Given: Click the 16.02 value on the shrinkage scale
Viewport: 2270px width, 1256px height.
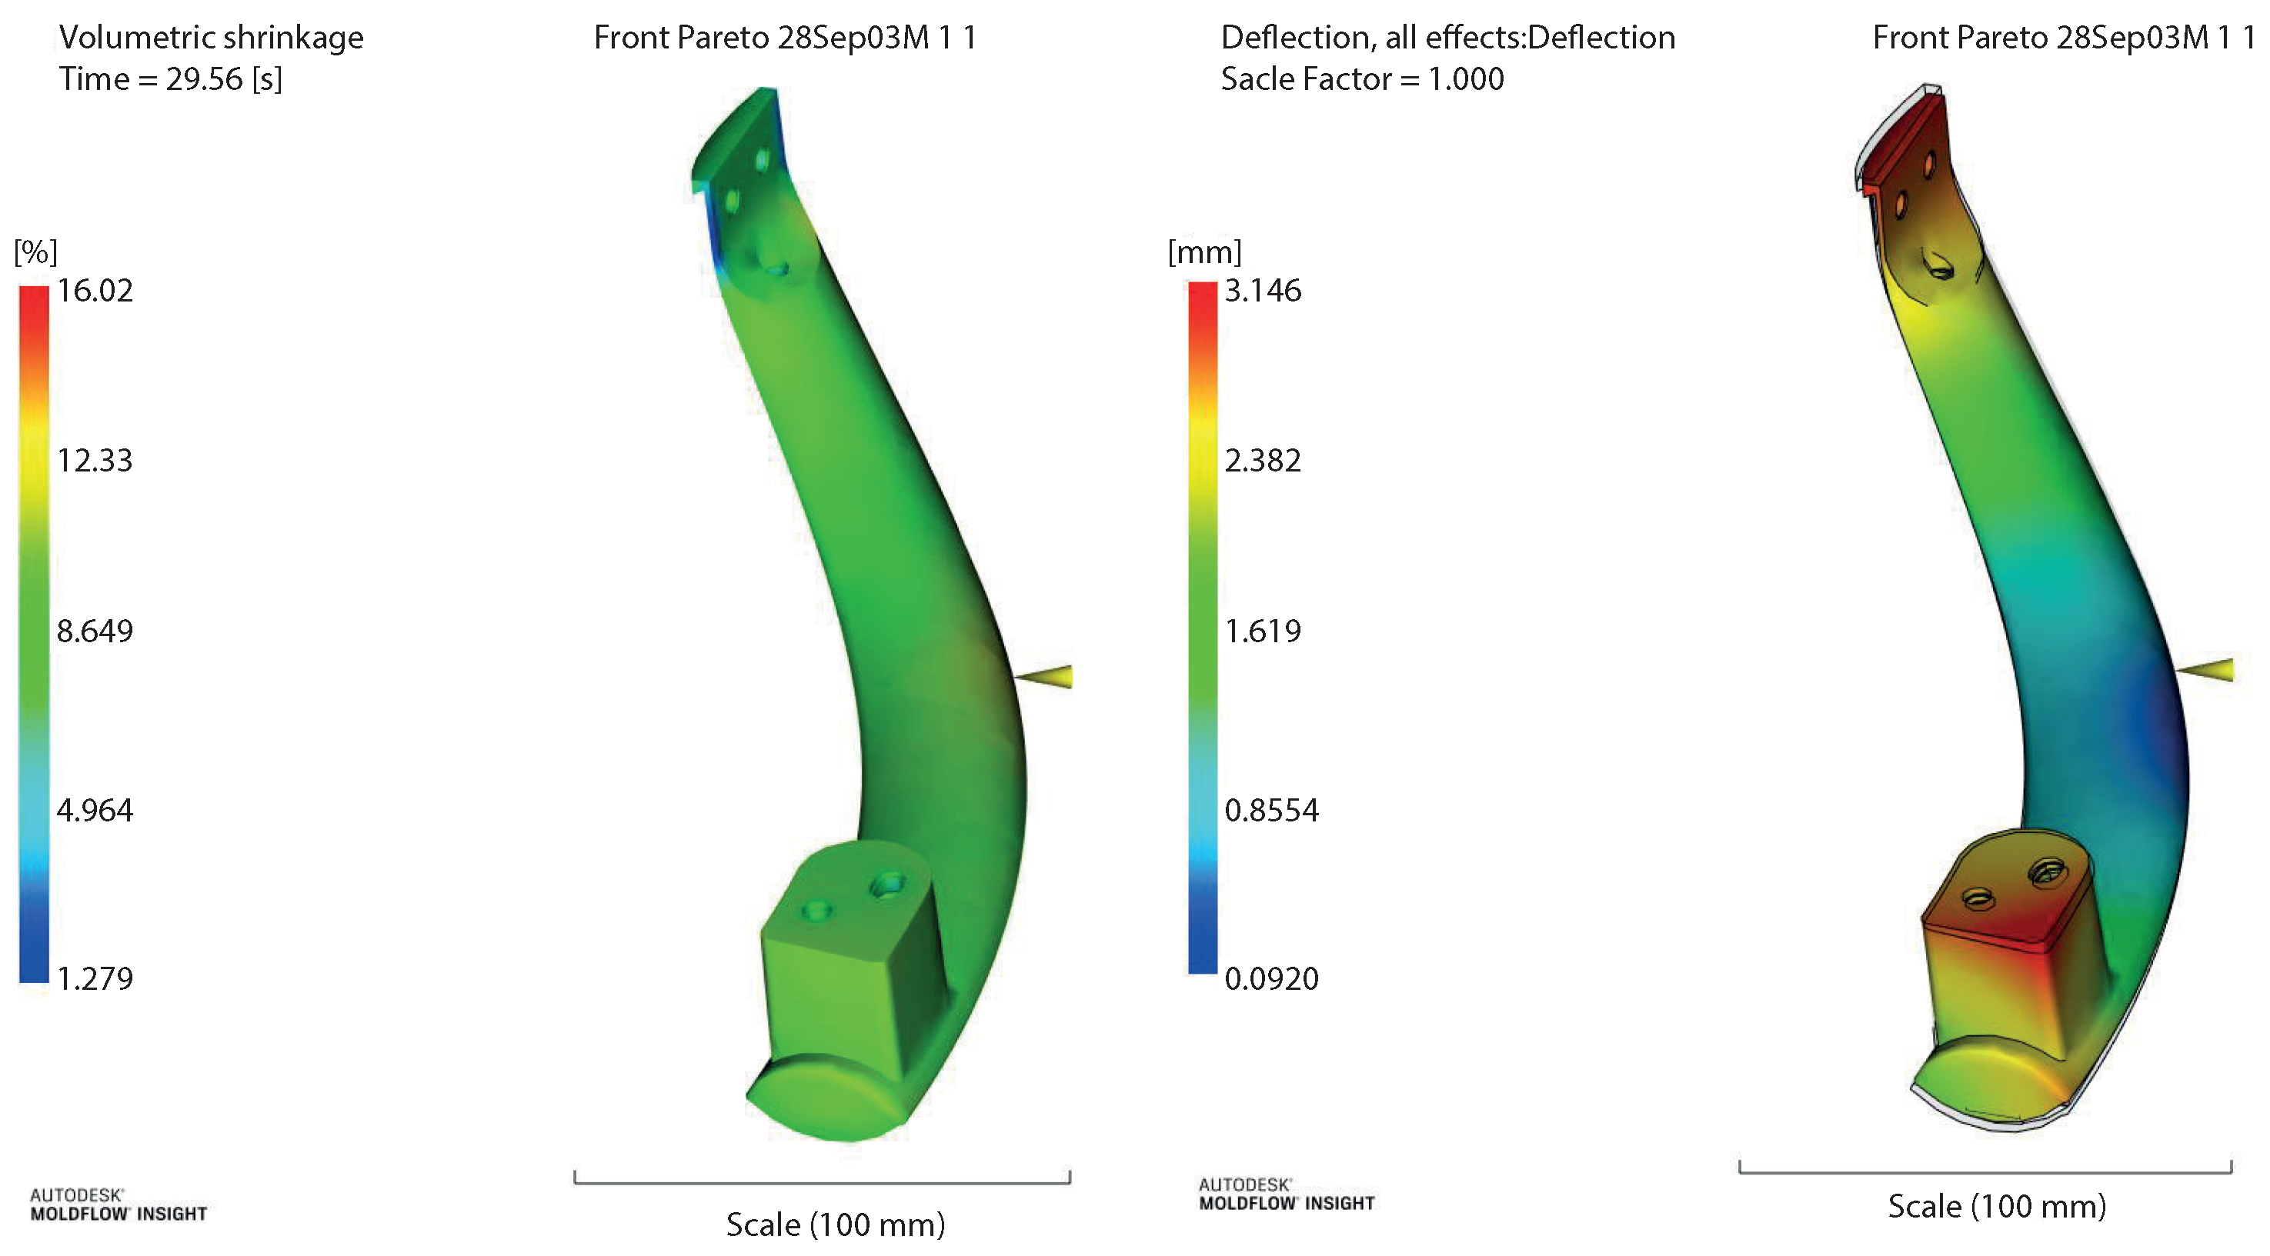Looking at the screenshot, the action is pos(95,291).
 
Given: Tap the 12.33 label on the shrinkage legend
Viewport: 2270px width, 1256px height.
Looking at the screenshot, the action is pos(95,461).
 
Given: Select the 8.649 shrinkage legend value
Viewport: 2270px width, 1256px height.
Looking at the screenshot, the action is pos(95,631).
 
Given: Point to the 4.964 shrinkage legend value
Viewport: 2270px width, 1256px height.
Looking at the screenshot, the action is pos(95,811).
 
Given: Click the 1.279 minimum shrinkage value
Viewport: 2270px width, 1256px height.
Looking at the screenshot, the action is pos(95,978).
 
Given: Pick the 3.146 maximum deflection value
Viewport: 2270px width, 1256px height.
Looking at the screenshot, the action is pos(1263,291).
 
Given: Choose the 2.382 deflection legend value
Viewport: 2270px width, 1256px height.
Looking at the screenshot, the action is pos(1263,461).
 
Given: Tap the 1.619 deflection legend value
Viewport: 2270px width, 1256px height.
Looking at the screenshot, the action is pos(1263,631).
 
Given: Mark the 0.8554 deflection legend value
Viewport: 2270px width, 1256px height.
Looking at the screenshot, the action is pos(1272,811).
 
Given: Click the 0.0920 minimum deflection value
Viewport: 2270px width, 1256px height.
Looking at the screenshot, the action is pos(1272,978).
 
